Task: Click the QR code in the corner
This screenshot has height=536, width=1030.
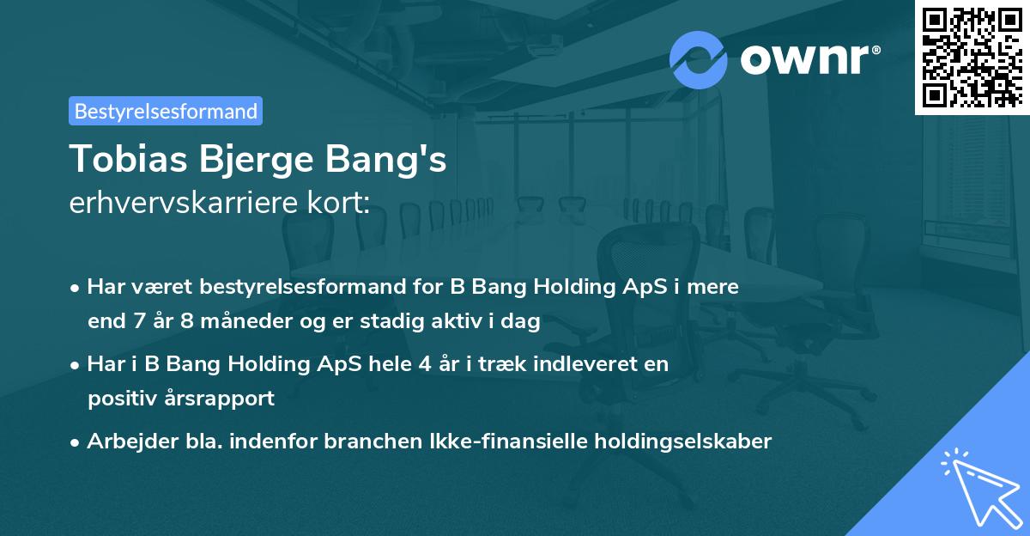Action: [972, 57]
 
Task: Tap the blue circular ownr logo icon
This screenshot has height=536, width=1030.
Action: [698, 59]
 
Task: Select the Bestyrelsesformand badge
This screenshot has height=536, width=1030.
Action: [166, 111]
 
